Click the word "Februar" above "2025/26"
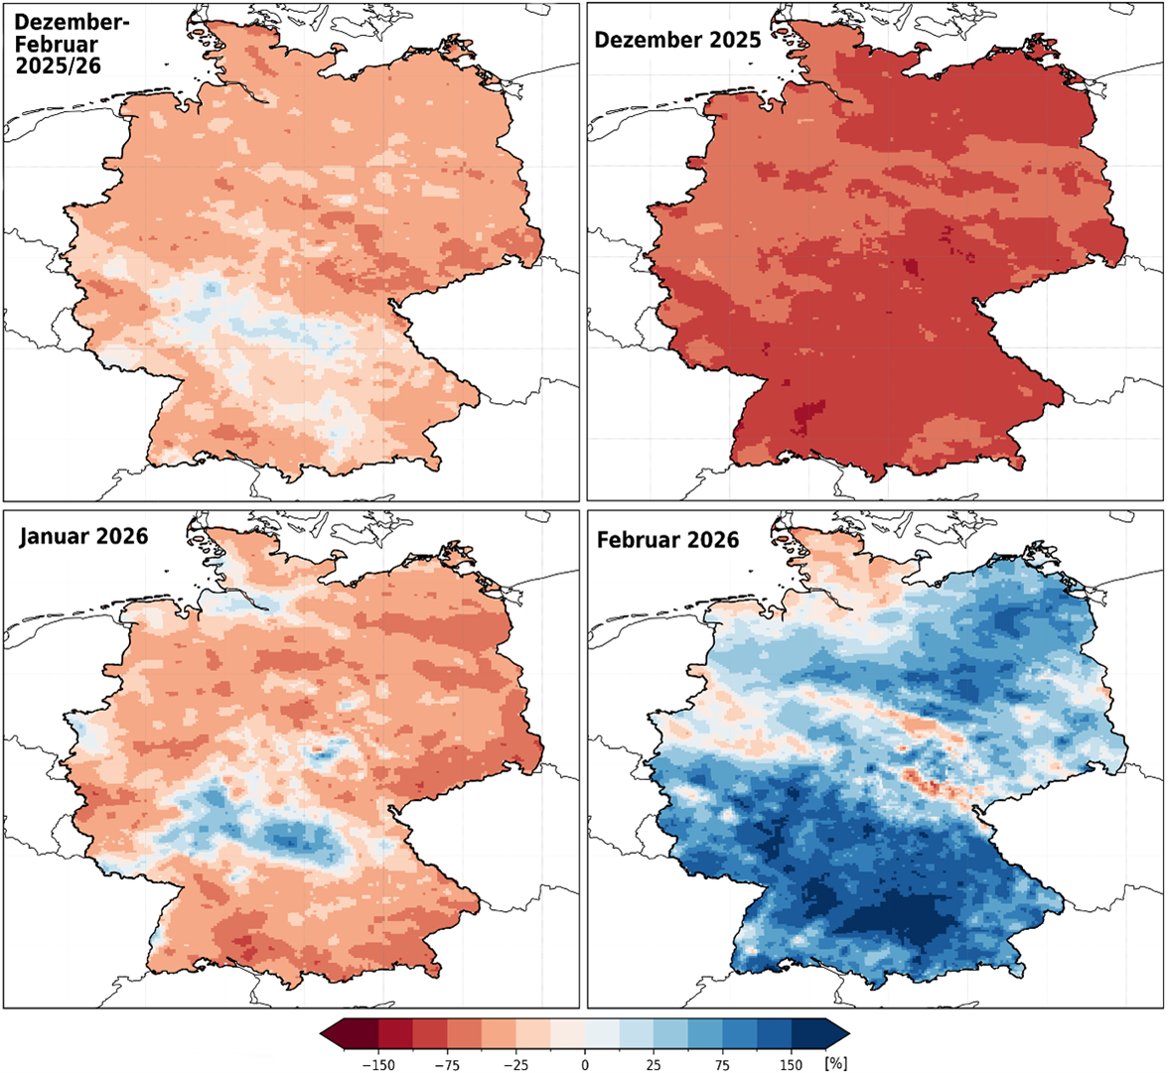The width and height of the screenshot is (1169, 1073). (x=51, y=44)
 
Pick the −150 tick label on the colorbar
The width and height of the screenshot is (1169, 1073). (x=378, y=1065)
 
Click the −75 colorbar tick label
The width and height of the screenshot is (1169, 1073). (x=448, y=1065)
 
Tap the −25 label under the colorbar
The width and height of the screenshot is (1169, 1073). (x=516, y=1065)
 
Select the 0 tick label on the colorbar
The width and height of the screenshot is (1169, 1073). (x=585, y=1065)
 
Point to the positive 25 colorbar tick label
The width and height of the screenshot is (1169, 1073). (x=654, y=1065)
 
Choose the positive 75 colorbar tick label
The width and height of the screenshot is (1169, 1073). (x=722, y=1065)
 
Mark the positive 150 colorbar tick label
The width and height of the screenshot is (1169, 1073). (x=791, y=1065)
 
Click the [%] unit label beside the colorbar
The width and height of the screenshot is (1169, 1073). (x=836, y=1064)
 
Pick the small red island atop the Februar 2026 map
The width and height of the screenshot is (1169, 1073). (x=783, y=541)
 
